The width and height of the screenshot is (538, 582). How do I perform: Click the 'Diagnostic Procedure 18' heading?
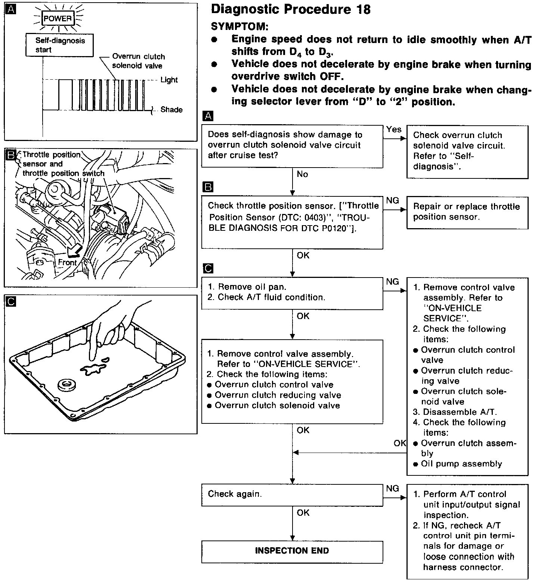tap(291, 9)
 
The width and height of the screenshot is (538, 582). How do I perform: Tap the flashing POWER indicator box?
tap(58, 18)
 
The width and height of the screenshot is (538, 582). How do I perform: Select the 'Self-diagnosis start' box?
tap(60, 45)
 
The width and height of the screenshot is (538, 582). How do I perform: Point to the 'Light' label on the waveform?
tap(169, 80)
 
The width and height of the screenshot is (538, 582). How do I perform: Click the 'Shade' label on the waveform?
tap(171, 110)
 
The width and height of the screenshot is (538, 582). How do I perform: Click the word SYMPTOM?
tap(239, 27)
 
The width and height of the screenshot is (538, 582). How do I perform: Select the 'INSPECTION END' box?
tap(292, 551)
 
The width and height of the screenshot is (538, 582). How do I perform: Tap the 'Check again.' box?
tap(292, 494)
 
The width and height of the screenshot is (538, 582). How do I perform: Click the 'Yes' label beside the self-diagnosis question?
tap(394, 129)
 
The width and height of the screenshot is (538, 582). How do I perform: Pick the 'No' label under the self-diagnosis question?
tap(302, 174)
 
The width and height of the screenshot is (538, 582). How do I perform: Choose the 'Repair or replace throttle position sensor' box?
tap(467, 212)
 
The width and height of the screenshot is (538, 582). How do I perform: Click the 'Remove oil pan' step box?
tap(292, 292)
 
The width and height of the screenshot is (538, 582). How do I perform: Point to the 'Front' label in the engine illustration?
tap(67, 262)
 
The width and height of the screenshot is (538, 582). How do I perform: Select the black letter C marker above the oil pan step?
tap(208, 269)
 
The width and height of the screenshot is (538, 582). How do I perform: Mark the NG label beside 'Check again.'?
tap(392, 488)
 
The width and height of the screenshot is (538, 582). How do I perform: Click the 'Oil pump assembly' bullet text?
tap(461, 464)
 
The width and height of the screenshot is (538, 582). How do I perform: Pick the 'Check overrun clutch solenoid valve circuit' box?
tap(467, 151)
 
